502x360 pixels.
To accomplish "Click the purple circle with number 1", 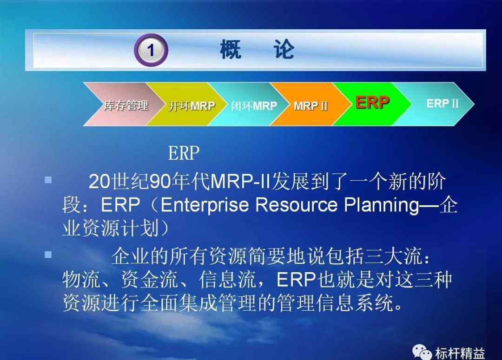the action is point(151,50).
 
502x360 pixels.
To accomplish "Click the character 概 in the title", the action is point(231,49).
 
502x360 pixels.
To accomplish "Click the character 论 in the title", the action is point(284,49).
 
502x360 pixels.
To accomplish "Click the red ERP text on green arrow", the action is point(372,102).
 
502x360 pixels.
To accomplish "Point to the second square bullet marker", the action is point(48,255).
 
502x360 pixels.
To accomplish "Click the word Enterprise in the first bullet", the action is point(205,205).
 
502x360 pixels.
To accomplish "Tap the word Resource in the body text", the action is point(297,205).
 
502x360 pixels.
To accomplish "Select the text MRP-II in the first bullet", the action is point(240,182).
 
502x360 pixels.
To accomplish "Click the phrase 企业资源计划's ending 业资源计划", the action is point(111,228).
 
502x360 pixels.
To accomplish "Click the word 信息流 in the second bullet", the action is point(227,279).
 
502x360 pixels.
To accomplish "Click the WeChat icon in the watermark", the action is point(422,352).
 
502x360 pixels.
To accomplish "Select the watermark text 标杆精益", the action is point(460,353).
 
